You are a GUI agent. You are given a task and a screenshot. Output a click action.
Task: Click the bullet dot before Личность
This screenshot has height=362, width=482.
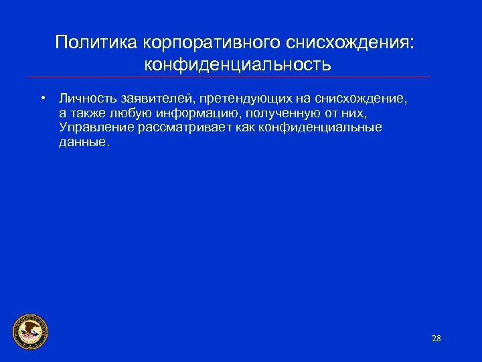pos(42,98)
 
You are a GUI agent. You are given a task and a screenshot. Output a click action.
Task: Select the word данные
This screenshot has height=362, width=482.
pos(82,142)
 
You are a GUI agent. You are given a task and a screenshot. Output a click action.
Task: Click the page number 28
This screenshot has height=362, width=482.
pos(436,338)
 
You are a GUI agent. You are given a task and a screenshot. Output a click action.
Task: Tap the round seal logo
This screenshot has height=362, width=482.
pos(30,331)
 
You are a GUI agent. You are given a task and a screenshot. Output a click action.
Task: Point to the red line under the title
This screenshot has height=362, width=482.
pos(241,76)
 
